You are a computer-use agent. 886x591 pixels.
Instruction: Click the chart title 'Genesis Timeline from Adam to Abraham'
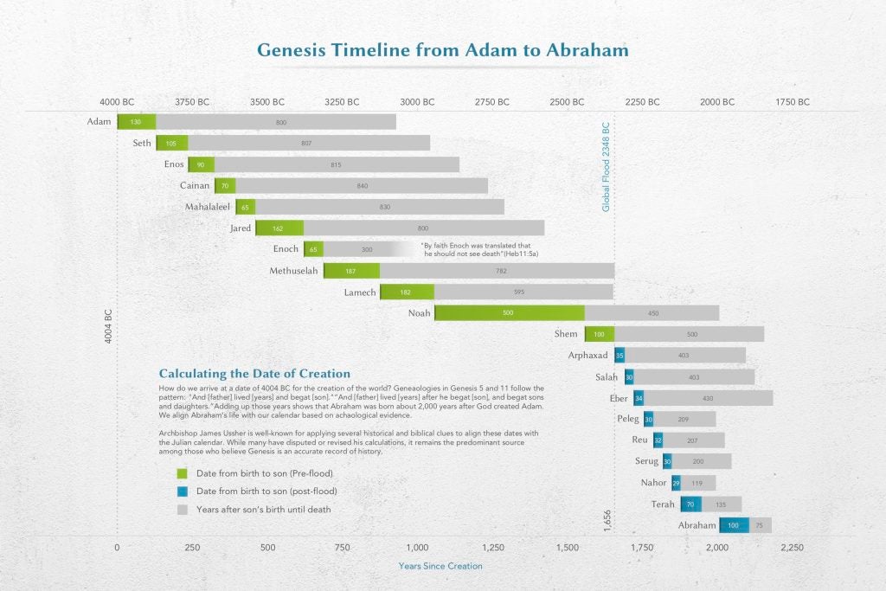[442, 50]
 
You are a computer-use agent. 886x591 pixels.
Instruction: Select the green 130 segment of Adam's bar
[137, 122]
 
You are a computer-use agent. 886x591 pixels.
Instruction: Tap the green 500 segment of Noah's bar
[509, 313]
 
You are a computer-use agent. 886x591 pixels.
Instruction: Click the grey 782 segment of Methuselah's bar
[498, 271]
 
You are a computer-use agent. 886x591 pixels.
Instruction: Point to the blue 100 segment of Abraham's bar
[734, 525]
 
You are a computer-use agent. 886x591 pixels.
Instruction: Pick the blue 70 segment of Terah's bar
[690, 504]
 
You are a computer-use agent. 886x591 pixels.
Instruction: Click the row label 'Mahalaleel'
[206, 207]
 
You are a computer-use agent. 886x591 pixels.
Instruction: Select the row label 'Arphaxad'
[588, 356]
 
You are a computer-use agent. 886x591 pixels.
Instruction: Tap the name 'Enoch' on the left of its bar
[286, 249]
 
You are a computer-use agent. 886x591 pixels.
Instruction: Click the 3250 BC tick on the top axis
[342, 102]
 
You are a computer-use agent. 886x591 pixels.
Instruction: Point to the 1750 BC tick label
[792, 102]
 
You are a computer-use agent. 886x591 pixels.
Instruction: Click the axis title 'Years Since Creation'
[440, 566]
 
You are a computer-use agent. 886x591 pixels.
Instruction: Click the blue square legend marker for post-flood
[182, 491]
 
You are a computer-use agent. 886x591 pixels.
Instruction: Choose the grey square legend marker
[182, 510]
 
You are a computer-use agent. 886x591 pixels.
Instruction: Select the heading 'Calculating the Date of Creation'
[254, 374]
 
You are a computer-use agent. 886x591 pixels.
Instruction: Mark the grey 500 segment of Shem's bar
[690, 334]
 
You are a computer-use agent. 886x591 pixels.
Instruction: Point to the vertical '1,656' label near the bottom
[607, 520]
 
